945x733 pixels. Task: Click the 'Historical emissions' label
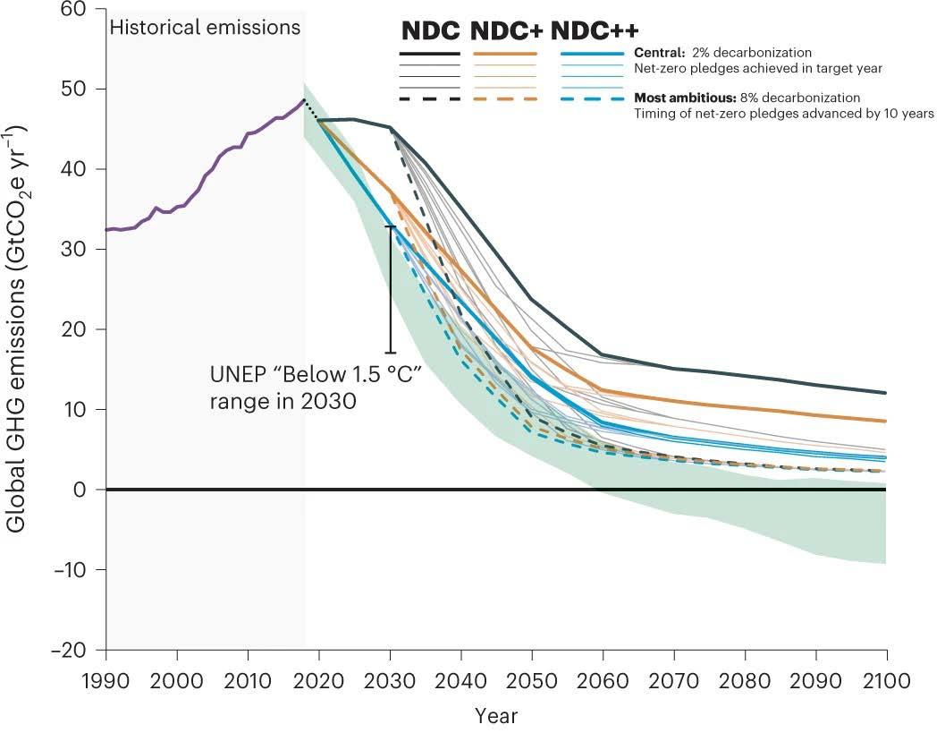(205, 28)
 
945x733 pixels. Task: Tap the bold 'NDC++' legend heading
(595, 30)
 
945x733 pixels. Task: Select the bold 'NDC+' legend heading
(506, 30)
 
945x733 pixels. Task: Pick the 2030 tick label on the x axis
(391, 681)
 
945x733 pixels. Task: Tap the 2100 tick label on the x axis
(886, 681)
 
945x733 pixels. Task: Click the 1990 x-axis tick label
(106, 681)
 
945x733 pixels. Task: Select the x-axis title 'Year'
(496, 716)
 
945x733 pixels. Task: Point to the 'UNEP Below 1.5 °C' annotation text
(315, 386)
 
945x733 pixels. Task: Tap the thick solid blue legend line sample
(592, 54)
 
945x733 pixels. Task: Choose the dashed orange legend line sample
(505, 98)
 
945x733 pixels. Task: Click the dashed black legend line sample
(429, 98)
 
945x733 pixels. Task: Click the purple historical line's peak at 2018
(304, 99)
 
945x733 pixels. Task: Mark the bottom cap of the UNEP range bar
(391, 353)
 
